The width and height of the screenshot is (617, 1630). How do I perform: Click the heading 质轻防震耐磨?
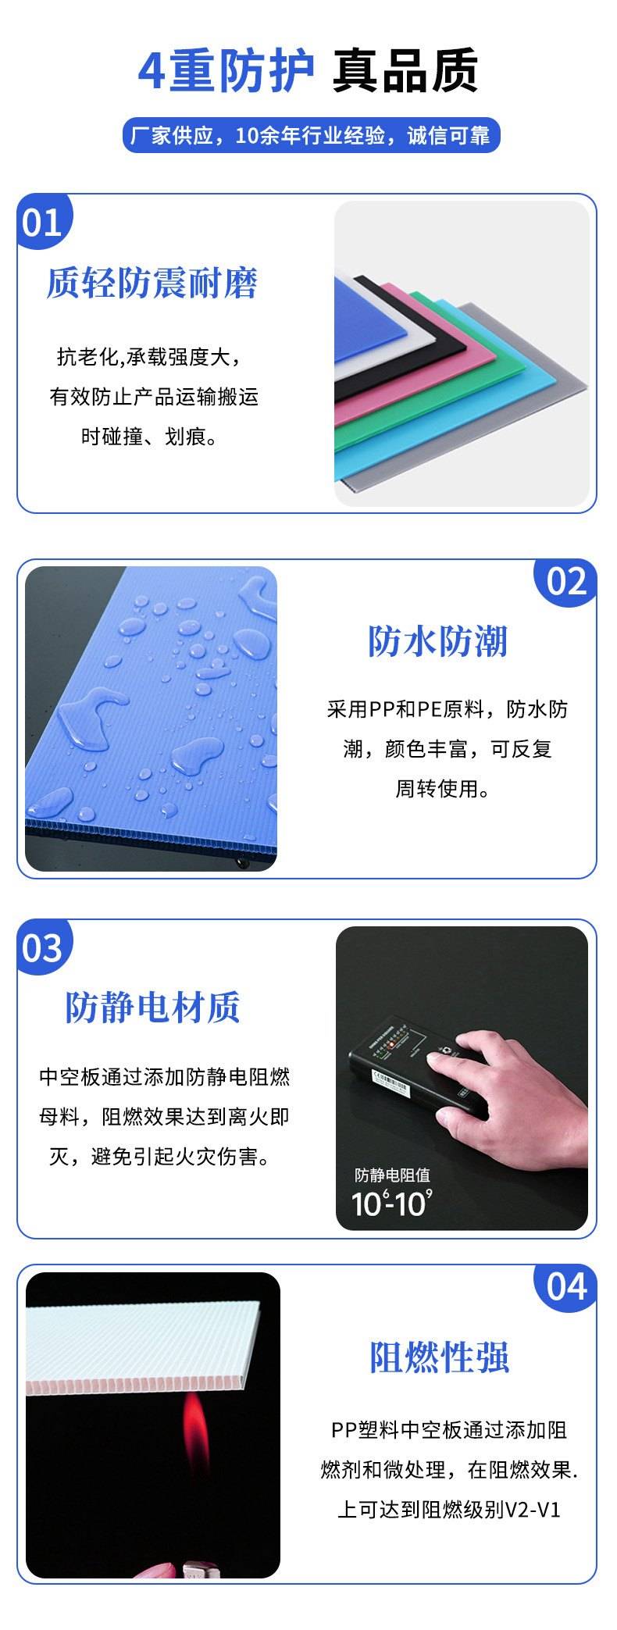pyautogui.click(x=152, y=283)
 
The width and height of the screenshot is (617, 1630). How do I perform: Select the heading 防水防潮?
pyautogui.click(x=437, y=640)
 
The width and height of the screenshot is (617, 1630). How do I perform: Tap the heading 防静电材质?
pyautogui.click(x=152, y=1007)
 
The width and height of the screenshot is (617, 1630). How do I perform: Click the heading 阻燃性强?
pyautogui.click(x=439, y=1357)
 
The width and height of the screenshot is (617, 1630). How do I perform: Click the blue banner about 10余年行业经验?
pyautogui.click(x=311, y=136)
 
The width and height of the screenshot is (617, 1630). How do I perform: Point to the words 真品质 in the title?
pyautogui.click(x=405, y=71)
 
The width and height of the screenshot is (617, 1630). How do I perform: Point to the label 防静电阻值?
pyautogui.click(x=392, y=1175)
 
